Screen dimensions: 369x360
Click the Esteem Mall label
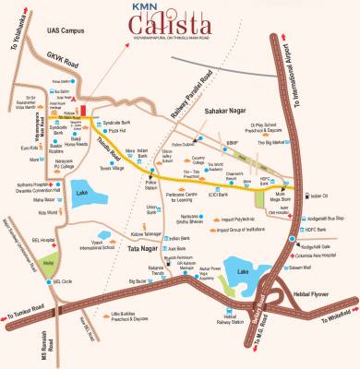(319, 240)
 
